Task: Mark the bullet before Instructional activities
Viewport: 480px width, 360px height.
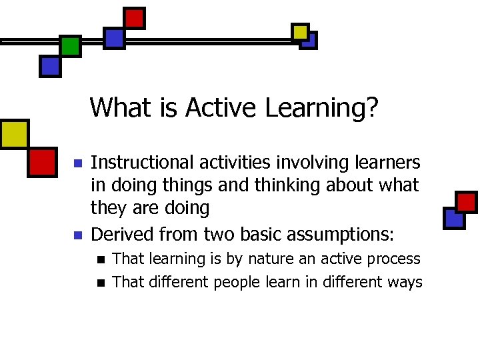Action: point(77,163)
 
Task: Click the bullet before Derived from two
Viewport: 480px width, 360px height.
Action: point(77,235)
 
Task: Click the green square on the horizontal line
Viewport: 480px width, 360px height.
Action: point(70,45)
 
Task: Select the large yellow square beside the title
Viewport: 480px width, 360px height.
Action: point(14,134)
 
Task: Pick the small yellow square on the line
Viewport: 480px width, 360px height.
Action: point(300,31)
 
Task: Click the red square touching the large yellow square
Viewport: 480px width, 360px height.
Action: point(42,162)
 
